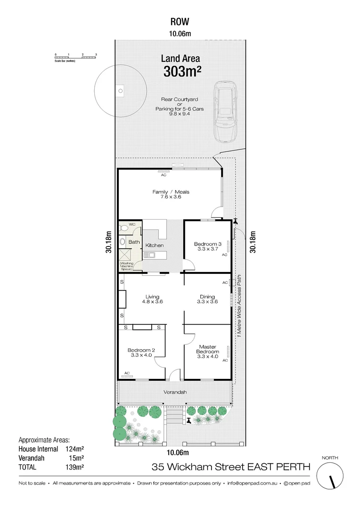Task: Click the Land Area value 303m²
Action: point(182,72)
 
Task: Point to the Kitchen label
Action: point(154,246)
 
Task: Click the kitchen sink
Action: point(149,255)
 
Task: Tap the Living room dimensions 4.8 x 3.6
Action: point(152,302)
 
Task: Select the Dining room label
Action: point(207,296)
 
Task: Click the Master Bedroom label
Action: point(207,349)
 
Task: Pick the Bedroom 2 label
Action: point(141,350)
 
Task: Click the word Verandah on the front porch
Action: point(175,392)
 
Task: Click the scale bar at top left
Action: point(75,57)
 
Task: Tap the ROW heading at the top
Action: point(180,21)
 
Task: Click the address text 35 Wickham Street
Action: point(198,467)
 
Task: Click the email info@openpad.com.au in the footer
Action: point(252,483)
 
